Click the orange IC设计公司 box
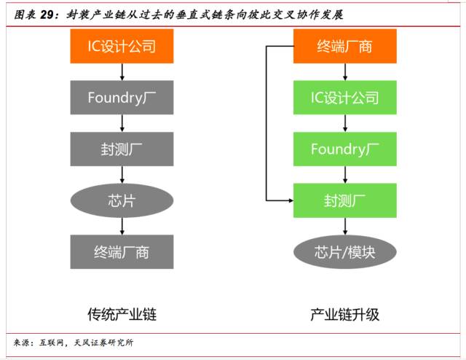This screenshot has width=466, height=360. click(x=122, y=47)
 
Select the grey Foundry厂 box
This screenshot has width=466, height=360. click(x=122, y=98)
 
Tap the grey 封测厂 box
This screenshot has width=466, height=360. click(x=122, y=149)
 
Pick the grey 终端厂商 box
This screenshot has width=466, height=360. click(x=122, y=252)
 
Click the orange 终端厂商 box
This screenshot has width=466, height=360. click(x=344, y=47)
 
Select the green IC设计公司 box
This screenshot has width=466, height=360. click(x=344, y=98)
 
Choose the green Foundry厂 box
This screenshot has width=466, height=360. click(x=344, y=149)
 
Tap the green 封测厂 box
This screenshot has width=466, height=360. click(x=344, y=200)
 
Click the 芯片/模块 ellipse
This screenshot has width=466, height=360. click(x=344, y=252)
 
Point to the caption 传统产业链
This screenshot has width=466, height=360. click(x=122, y=315)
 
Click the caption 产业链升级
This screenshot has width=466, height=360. click(x=344, y=315)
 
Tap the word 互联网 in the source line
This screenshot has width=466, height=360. click(x=52, y=342)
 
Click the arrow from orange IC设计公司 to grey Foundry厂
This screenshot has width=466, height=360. click(x=122, y=72)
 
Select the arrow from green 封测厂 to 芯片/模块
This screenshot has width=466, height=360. click(x=344, y=226)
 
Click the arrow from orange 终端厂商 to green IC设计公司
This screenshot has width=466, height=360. click(x=344, y=72)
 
